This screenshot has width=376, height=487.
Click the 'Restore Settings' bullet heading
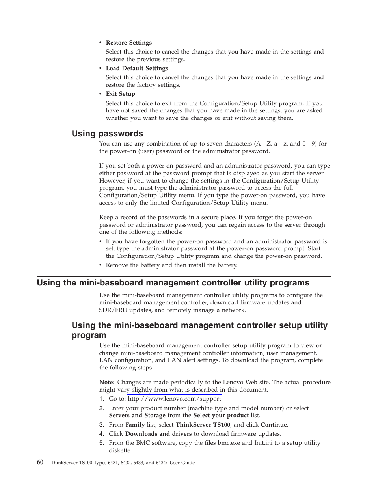128,43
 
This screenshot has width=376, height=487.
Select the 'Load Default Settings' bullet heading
137,68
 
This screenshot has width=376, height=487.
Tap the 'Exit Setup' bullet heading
120,94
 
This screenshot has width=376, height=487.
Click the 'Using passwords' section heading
107,134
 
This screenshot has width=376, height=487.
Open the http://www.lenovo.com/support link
174,399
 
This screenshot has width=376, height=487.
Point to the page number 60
40,462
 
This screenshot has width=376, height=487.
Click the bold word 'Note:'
107,382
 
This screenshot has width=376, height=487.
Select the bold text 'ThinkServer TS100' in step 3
203,425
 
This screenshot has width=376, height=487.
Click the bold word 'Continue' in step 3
274,425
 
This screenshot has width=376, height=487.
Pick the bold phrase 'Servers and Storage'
137,415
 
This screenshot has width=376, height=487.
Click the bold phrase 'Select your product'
221,415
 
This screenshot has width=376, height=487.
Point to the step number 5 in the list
101,443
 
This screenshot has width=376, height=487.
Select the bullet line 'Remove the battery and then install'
171,265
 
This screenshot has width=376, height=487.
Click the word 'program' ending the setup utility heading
89,335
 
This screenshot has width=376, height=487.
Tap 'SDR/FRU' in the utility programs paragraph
112,310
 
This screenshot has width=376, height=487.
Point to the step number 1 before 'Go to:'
101,399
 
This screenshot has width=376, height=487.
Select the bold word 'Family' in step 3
135,425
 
